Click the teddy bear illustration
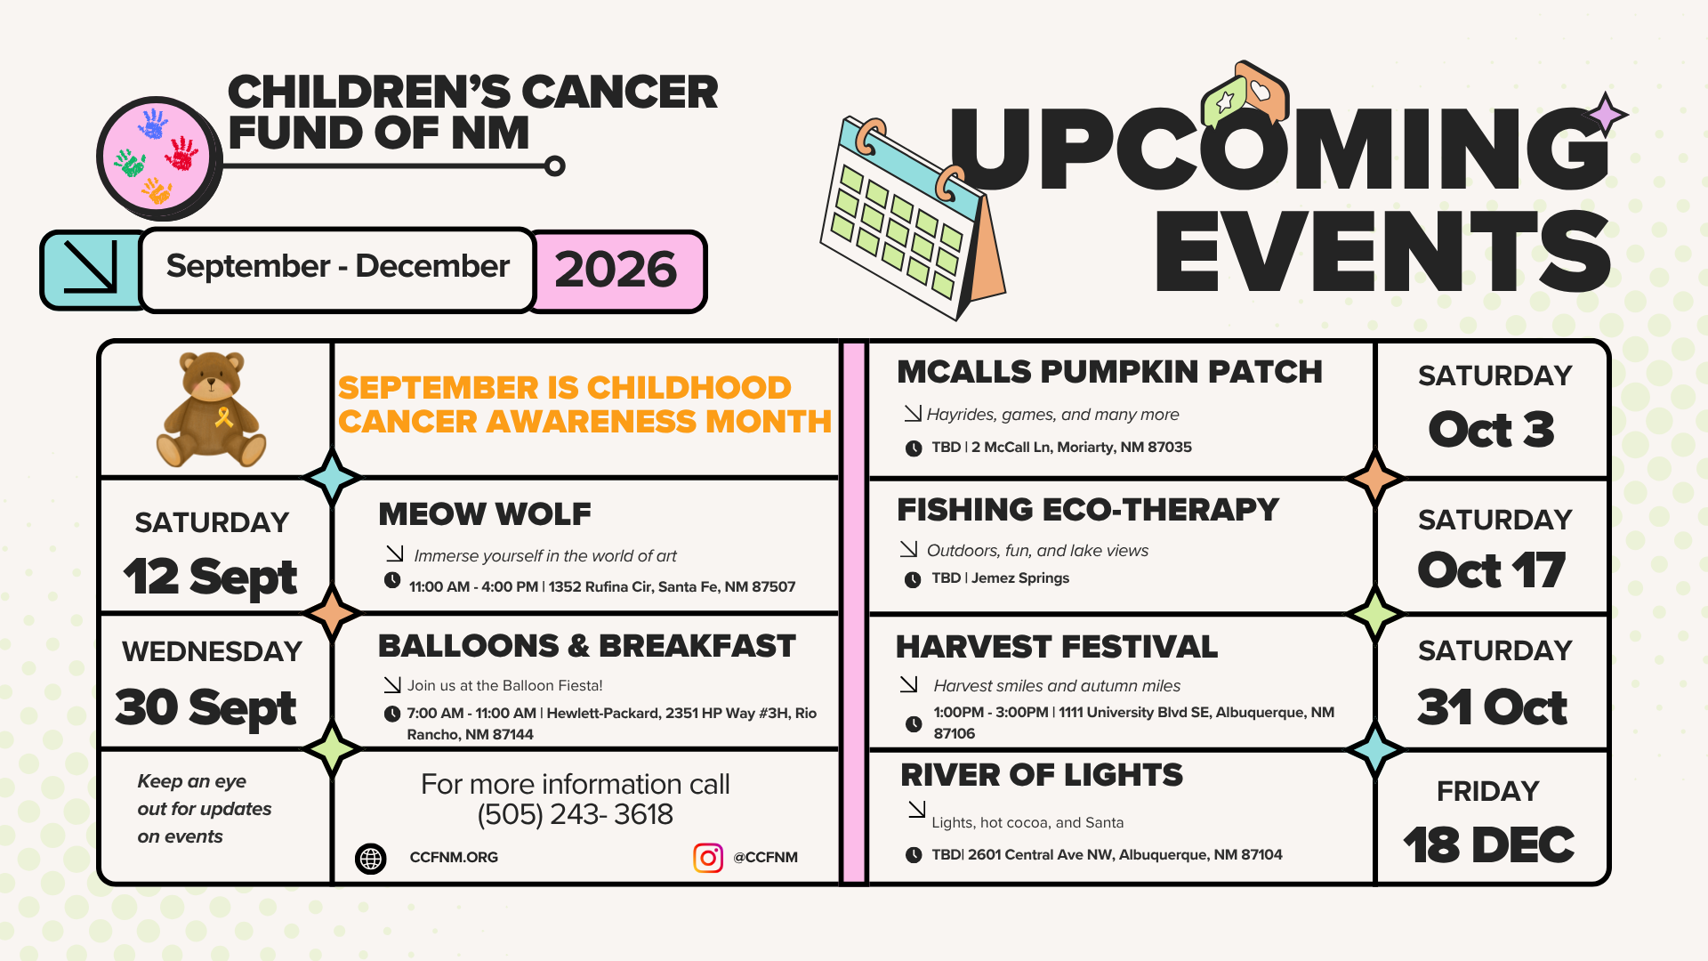[211, 409]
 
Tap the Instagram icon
[708, 858]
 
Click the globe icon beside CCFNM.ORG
[371, 858]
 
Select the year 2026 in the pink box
[616, 270]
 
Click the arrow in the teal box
[91, 267]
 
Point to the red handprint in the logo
[182, 153]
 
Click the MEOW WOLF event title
[485, 513]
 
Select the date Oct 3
[1492, 430]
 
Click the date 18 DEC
[1489, 844]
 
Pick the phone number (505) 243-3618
[576, 814]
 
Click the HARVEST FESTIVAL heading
[1057, 647]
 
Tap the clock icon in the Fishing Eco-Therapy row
[913, 580]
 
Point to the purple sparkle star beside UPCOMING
[1607, 114]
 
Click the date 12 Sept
[210, 577]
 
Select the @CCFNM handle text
[765, 858]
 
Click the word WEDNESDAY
[212, 651]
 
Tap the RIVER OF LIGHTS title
[1042, 775]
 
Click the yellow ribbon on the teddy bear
[224, 416]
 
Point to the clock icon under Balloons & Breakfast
[392, 714]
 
